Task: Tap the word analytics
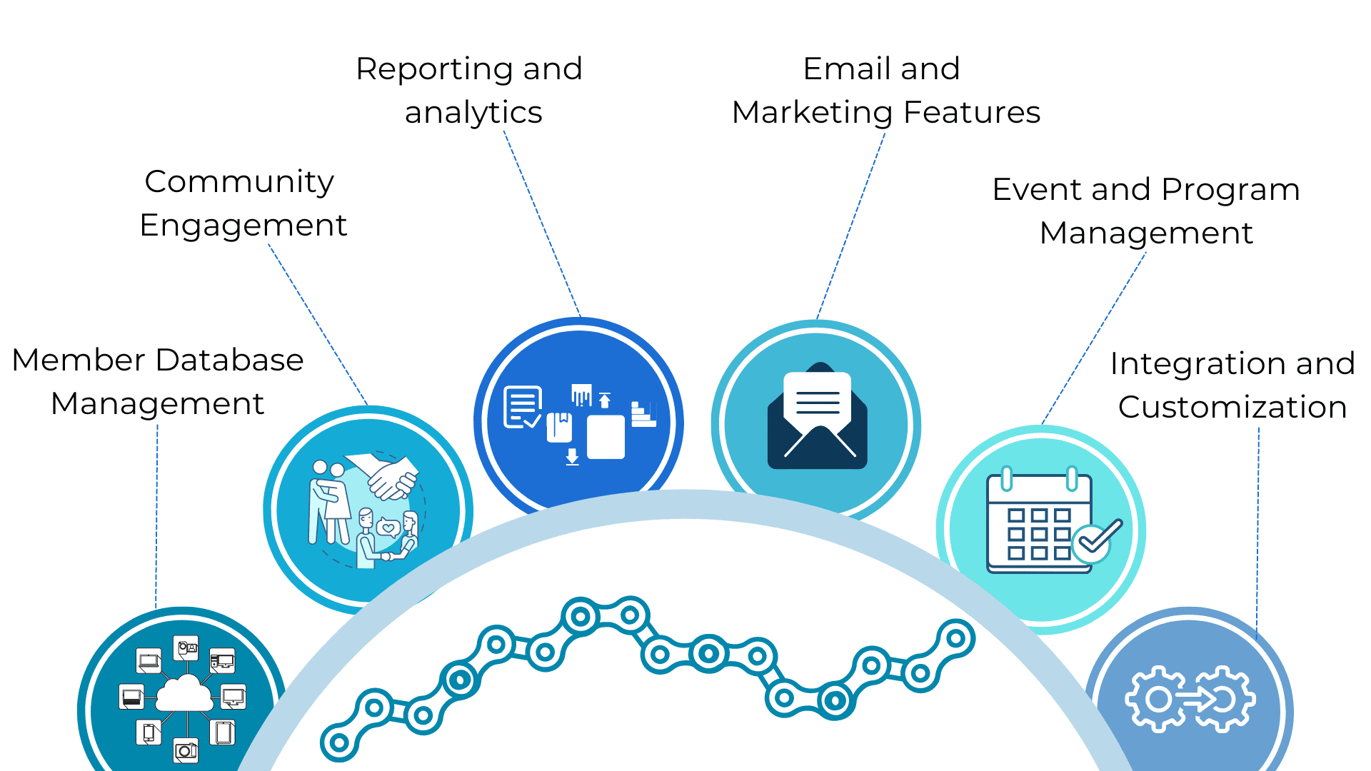pyautogui.click(x=473, y=113)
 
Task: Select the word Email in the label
pyautogui.click(x=845, y=69)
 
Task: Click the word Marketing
pyautogui.click(x=812, y=113)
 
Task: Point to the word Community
pyautogui.click(x=239, y=182)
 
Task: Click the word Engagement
pyautogui.click(x=243, y=226)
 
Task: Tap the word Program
pyautogui.click(x=1230, y=190)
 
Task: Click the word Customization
pyautogui.click(x=1232, y=407)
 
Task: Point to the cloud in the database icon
pyautogui.click(x=184, y=692)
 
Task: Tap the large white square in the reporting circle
pyautogui.click(x=606, y=437)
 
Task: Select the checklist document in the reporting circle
pyautogui.click(x=522, y=407)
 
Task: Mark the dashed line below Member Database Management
pyautogui.click(x=156, y=514)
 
